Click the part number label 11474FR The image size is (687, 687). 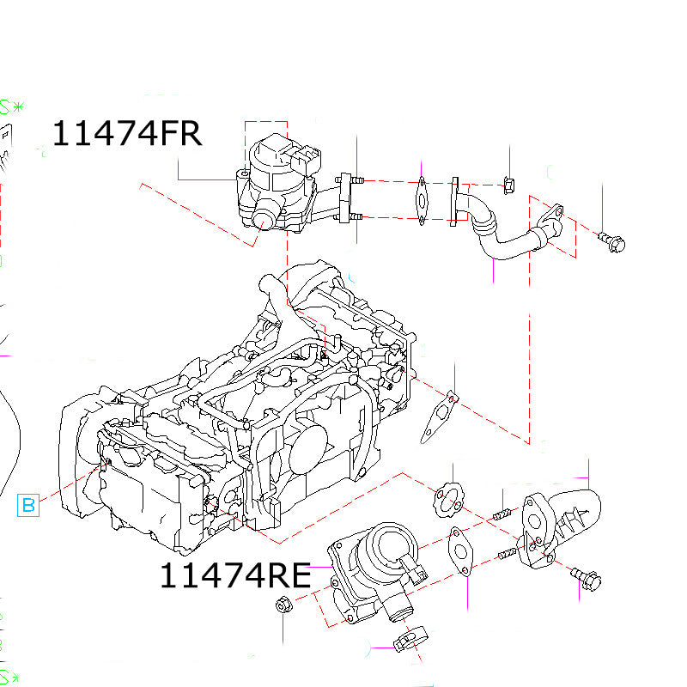(x=127, y=134)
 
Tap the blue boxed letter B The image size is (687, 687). (x=28, y=505)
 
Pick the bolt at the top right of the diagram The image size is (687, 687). (x=611, y=241)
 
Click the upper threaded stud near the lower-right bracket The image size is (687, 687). (x=502, y=515)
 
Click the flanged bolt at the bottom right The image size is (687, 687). (x=588, y=579)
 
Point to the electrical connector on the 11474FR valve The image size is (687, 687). (x=306, y=161)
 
